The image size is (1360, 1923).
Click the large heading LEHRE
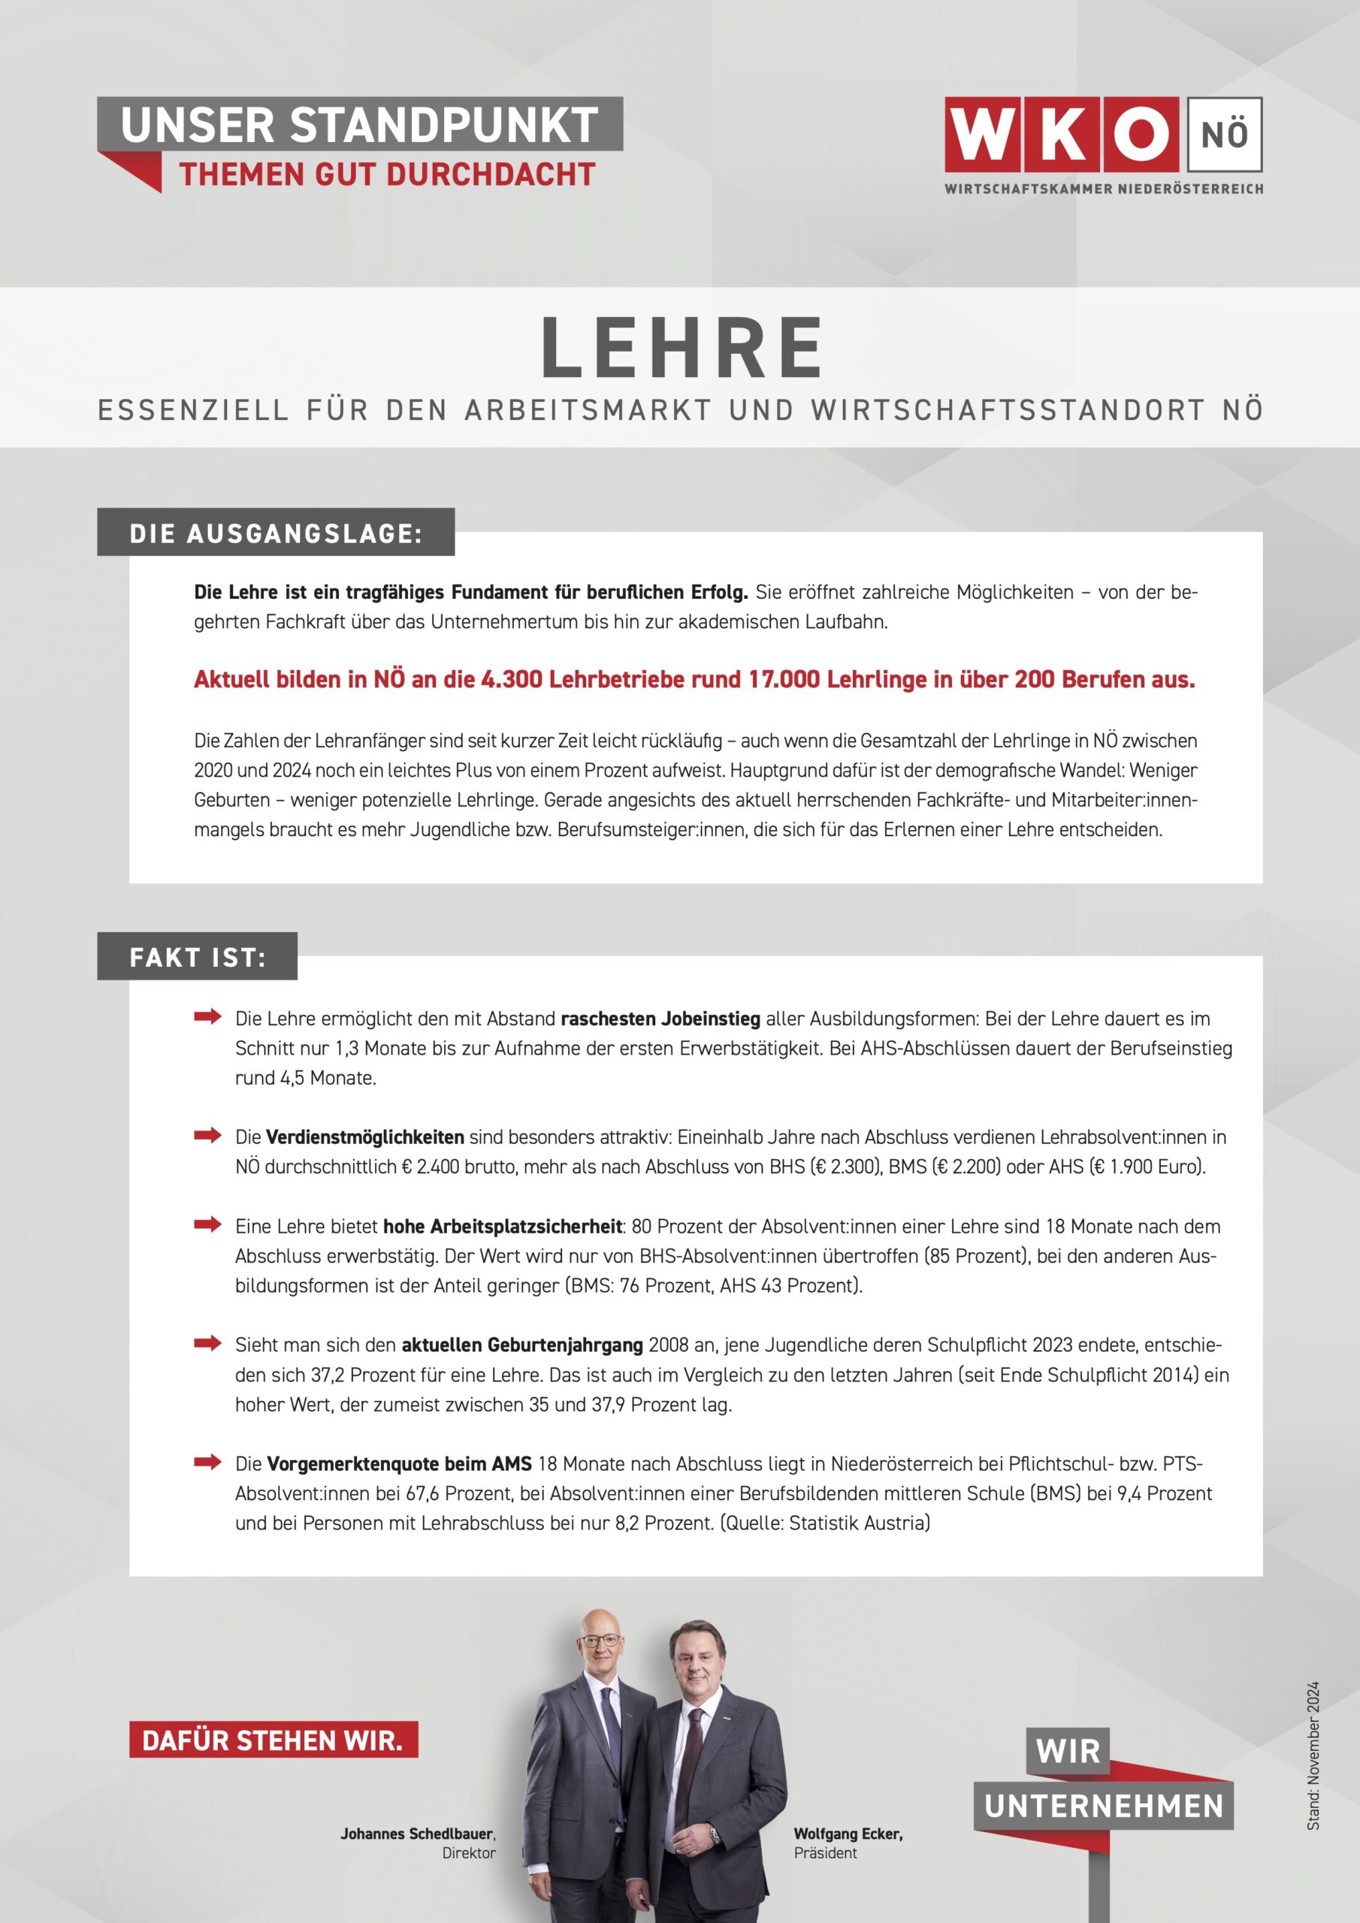point(682,349)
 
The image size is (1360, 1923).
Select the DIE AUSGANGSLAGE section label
point(276,533)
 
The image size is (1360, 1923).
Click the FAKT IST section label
point(198,957)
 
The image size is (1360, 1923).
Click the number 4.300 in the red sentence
point(512,679)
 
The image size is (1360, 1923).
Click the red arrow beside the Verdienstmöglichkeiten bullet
point(207,1136)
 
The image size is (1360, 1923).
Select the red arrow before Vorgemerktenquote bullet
point(207,1463)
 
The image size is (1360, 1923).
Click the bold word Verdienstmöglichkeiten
point(364,1137)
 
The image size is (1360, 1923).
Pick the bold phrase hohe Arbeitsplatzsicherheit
point(503,1227)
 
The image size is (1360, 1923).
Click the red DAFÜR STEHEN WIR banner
point(274,1740)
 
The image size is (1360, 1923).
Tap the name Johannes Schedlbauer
point(417,1834)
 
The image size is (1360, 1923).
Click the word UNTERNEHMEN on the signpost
point(1104,1807)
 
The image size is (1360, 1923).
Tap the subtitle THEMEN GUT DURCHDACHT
point(386,174)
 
